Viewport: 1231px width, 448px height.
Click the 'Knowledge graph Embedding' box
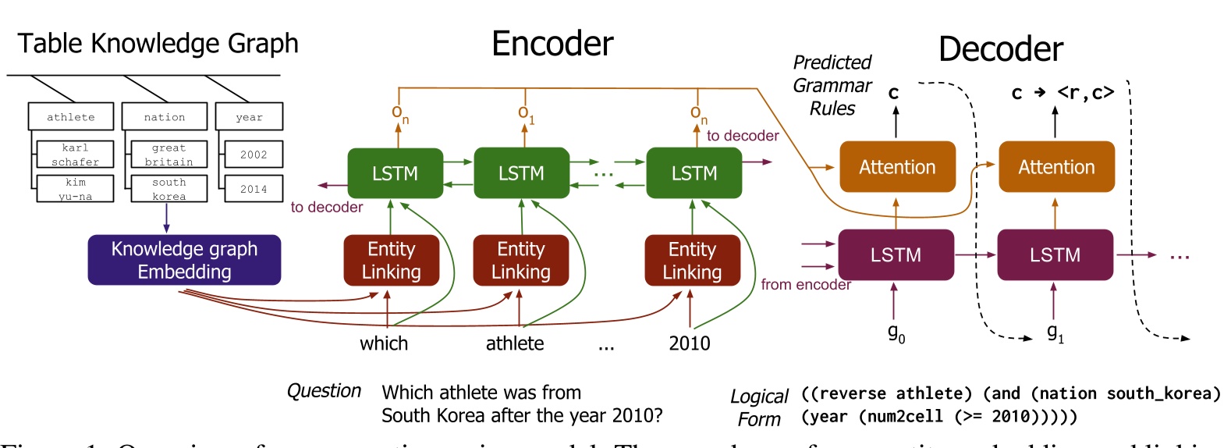[184, 260]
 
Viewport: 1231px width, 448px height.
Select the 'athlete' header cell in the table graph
[71, 117]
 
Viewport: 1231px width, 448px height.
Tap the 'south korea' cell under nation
[169, 189]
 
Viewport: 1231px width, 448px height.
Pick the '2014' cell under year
[253, 189]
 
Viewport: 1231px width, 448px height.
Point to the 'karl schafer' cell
[75, 155]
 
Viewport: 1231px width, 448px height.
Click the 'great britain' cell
[169, 155]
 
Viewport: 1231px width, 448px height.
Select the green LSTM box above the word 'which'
[395, 173]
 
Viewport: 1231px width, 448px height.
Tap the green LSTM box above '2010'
[694, 173]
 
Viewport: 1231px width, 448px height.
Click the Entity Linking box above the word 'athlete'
[520, 260]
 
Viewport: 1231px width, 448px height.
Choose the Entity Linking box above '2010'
[692, 260]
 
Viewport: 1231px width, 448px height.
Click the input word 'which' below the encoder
[384, 343]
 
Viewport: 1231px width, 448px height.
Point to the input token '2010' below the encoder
[690, 343]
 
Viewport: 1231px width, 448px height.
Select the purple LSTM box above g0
[896, 255]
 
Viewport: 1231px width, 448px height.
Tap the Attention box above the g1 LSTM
[1056, 167]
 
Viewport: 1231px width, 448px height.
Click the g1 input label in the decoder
[1055, 333]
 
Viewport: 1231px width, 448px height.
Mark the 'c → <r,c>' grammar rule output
[1062, 93]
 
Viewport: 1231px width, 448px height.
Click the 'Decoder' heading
[1000, 49]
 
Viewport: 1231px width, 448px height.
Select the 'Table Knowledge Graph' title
[158, 43]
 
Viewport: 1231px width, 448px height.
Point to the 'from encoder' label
[805, 285]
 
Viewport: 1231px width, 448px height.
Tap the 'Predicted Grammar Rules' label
[832, 85]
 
